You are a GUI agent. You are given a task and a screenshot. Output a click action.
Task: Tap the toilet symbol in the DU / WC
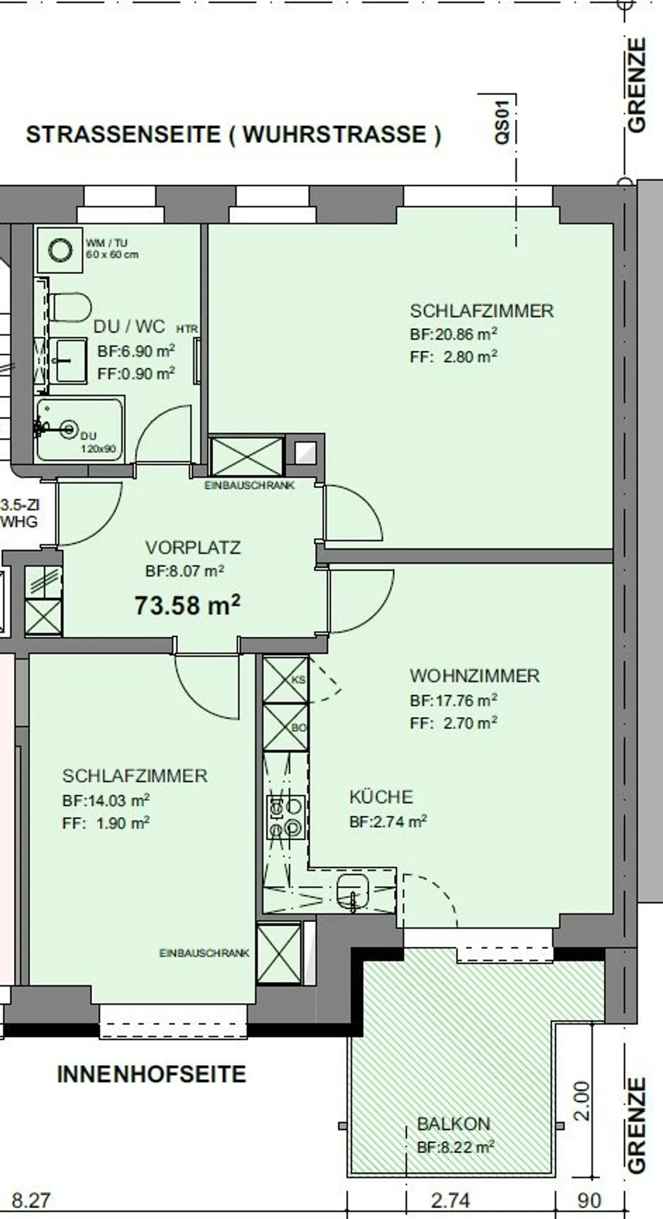[70, 306]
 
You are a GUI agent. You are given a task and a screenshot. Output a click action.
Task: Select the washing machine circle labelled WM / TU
[59, 249]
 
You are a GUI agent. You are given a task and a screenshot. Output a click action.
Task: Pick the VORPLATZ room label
[193, 548]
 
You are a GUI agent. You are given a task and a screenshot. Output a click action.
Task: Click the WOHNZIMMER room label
[474, 676]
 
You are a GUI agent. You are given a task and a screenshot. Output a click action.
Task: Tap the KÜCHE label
[381, 797]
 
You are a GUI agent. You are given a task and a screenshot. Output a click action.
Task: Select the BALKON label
[453, 1124]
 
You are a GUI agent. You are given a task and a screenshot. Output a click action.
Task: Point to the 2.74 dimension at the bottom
[450, 1201]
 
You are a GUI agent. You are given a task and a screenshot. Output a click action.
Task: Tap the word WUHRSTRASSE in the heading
[335, 135]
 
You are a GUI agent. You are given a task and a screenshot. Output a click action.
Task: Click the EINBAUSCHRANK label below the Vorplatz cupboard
[249, 485]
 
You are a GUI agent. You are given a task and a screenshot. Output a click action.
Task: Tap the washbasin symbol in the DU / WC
[70, 360]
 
